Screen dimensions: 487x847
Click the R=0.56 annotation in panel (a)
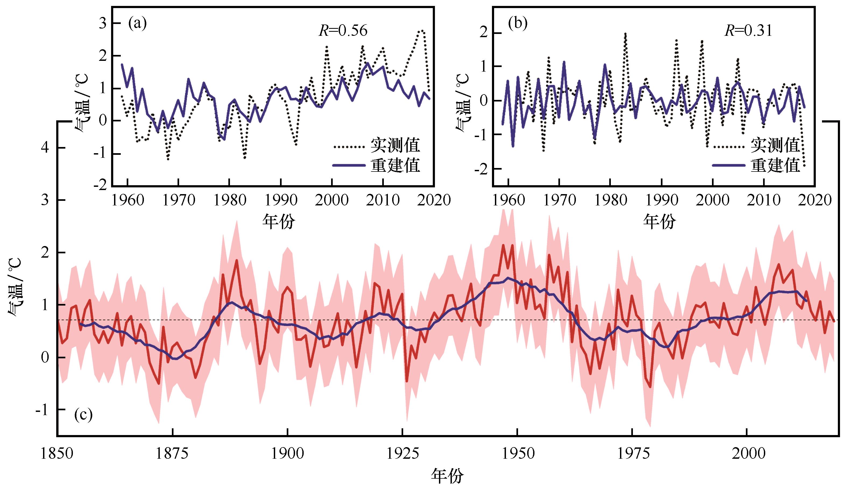[343, 31]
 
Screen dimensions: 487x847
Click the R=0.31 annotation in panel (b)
[749, 31]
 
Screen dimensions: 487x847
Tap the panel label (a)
[137, 24]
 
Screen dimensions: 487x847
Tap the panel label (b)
[518, 24]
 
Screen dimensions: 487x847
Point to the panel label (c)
[83, 415]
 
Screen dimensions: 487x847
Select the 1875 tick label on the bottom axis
[172, 454]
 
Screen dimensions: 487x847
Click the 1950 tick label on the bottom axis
[517, 454]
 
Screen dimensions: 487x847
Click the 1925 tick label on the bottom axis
[402, 454]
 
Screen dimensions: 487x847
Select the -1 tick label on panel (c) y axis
[42, 410]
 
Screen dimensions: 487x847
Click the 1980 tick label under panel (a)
[229, 200]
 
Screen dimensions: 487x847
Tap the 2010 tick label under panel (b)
[763, 200]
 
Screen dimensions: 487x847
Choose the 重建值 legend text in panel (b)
[775, 165]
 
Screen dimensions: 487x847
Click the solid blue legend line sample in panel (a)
[349, 165]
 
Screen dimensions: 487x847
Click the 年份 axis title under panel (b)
[660, 221]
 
